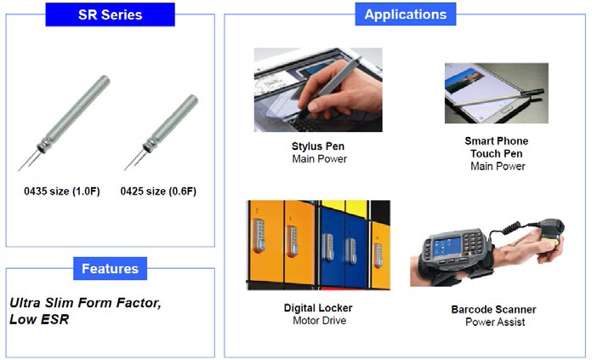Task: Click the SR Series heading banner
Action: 110,14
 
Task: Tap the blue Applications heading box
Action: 406,14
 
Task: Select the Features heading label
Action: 110,269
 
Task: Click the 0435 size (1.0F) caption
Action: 62,191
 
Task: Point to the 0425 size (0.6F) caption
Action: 158,191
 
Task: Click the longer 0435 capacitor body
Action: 74,113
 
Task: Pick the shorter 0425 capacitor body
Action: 170,123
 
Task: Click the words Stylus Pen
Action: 318,146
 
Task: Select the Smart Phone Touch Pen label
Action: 497,147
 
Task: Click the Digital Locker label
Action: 318,308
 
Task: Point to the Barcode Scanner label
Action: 493,310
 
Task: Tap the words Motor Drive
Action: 320,321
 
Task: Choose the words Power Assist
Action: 495,323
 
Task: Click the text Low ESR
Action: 39,320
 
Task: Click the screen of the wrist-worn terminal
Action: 447,246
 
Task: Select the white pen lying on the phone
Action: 498,100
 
